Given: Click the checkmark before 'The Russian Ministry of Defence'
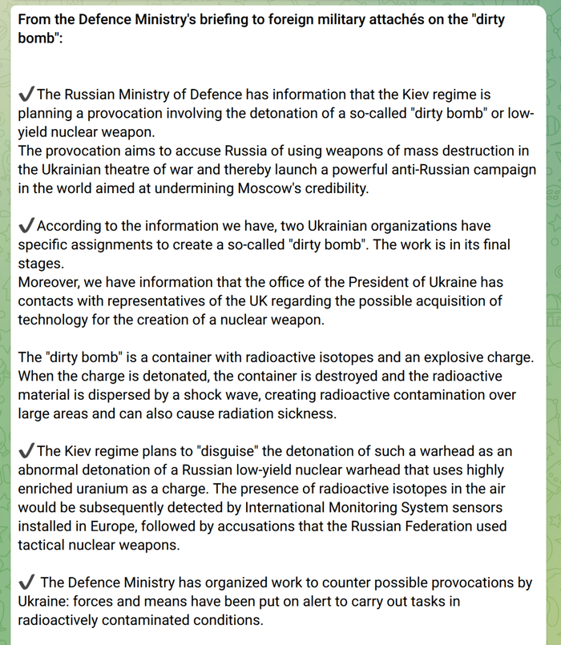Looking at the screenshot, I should tap(26, 95).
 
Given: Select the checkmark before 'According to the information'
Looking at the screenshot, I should tap(26, 226).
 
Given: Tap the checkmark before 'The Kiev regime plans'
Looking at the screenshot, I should tap(26, 452).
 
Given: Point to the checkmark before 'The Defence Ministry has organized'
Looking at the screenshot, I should tap(26, 583).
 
